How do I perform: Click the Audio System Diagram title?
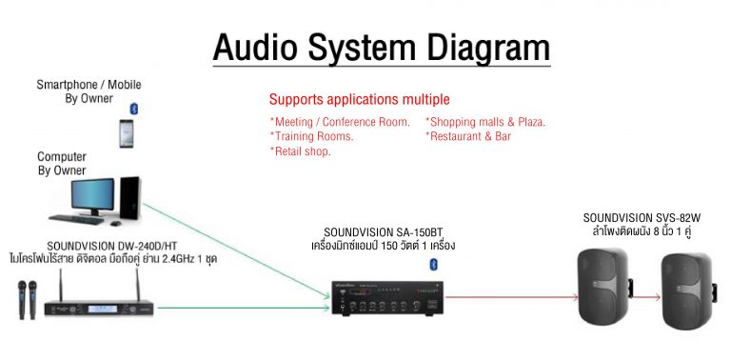point(381,47)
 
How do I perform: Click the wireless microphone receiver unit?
point(98,306)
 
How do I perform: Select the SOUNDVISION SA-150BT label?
point(383,231)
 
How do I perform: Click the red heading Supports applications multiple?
point(359,99)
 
